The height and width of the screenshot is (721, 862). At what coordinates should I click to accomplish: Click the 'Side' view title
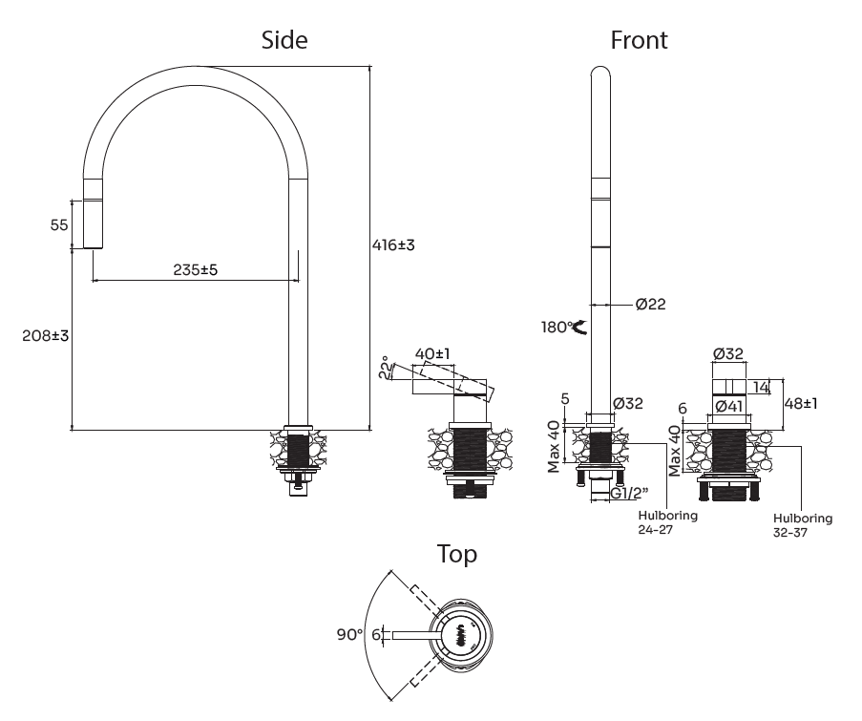pyautogui.click(x=284, y=40)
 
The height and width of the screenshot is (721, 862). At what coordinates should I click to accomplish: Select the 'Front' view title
pyautogui.click(x=639, y=40)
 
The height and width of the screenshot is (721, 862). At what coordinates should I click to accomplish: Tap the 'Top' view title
pyautogui.click(x=457, y=555)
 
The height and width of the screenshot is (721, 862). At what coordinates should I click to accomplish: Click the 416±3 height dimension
pyautogui.click(x=393, y=244)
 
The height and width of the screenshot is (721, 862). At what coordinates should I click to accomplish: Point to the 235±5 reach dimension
pyautogui.click(x=196, y=269)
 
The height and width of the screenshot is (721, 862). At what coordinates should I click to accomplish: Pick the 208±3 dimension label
pyautogui.click(x=46, y=335)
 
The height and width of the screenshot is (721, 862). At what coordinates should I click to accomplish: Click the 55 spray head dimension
pyautogui.click(x=59, y=224)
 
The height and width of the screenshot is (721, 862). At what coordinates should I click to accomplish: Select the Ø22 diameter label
pyautogui.click(x=650, y=304)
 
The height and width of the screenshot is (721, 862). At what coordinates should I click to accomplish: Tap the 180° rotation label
pyautogui.click(x=557, y=328)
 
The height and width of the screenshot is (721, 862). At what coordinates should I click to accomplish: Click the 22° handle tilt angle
pyautogui.click(x=386, y=368)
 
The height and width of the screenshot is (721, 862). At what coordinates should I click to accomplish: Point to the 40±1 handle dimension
pyautogui.click(x=432, y=353)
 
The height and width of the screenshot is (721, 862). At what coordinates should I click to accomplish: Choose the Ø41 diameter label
pyautogui.click(x=729, y=407)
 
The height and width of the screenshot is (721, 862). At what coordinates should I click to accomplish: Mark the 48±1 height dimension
pyautogui.click(x=801, y=403)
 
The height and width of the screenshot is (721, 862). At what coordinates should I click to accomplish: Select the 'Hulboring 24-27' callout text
pyautogui.click(x=668, y=523)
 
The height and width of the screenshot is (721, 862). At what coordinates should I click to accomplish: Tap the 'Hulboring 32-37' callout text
pyautogui.click(x=803, y=525)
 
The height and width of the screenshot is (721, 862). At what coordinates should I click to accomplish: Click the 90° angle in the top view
pyautogui.click(x=349, y=634)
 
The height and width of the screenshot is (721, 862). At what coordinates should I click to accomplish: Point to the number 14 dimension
pyautogui.click(x=761, y=387)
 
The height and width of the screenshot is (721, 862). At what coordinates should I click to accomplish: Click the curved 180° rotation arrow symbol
pyautogui.click(x=580, y=328)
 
